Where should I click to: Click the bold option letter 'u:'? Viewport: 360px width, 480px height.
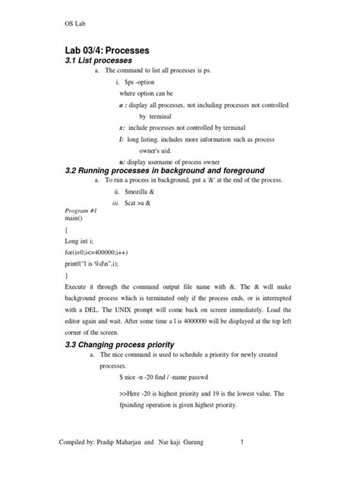click(x=122, y=159)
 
